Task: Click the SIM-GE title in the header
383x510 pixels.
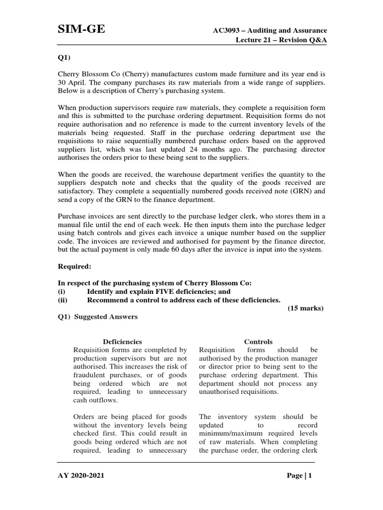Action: [82, 30]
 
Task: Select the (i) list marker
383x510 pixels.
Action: [62, 291]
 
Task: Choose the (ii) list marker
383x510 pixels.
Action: [63, 300]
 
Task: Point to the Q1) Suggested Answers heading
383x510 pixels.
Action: [98, 317]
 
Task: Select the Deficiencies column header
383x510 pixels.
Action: [122, 342]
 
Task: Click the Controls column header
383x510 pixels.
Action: [258, 342]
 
